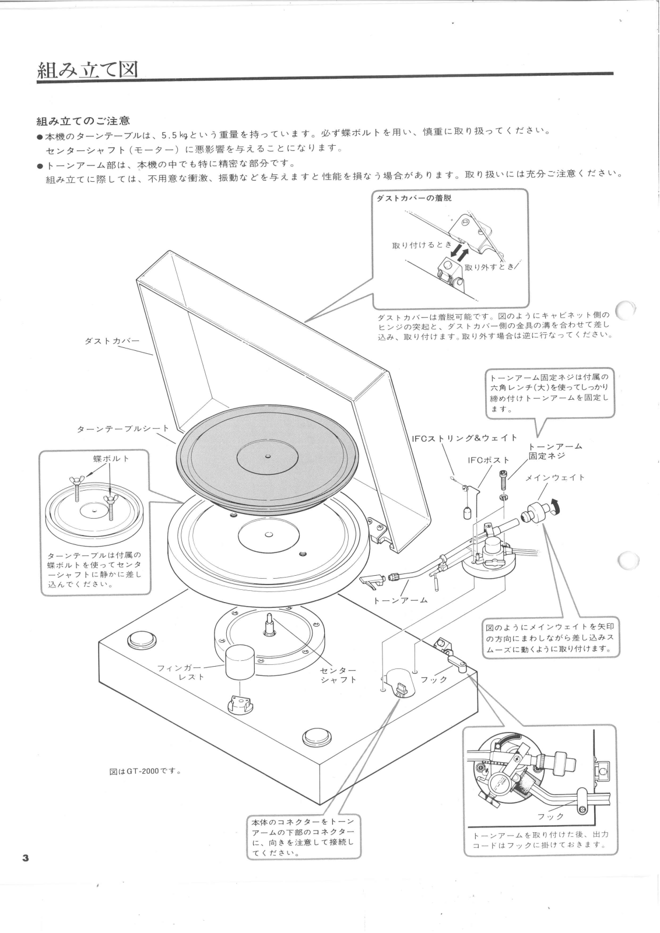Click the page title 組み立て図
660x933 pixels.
[87, 71]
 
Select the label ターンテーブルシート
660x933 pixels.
[123, 429]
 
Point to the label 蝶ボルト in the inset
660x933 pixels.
[111, 459]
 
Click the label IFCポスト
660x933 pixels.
[489, 460]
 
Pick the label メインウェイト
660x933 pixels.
[555, 477]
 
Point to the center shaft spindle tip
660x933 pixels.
[270, 617]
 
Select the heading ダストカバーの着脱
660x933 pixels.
[415, 198]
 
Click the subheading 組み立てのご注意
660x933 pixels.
[83, 121]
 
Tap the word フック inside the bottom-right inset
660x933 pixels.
[550, 816]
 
